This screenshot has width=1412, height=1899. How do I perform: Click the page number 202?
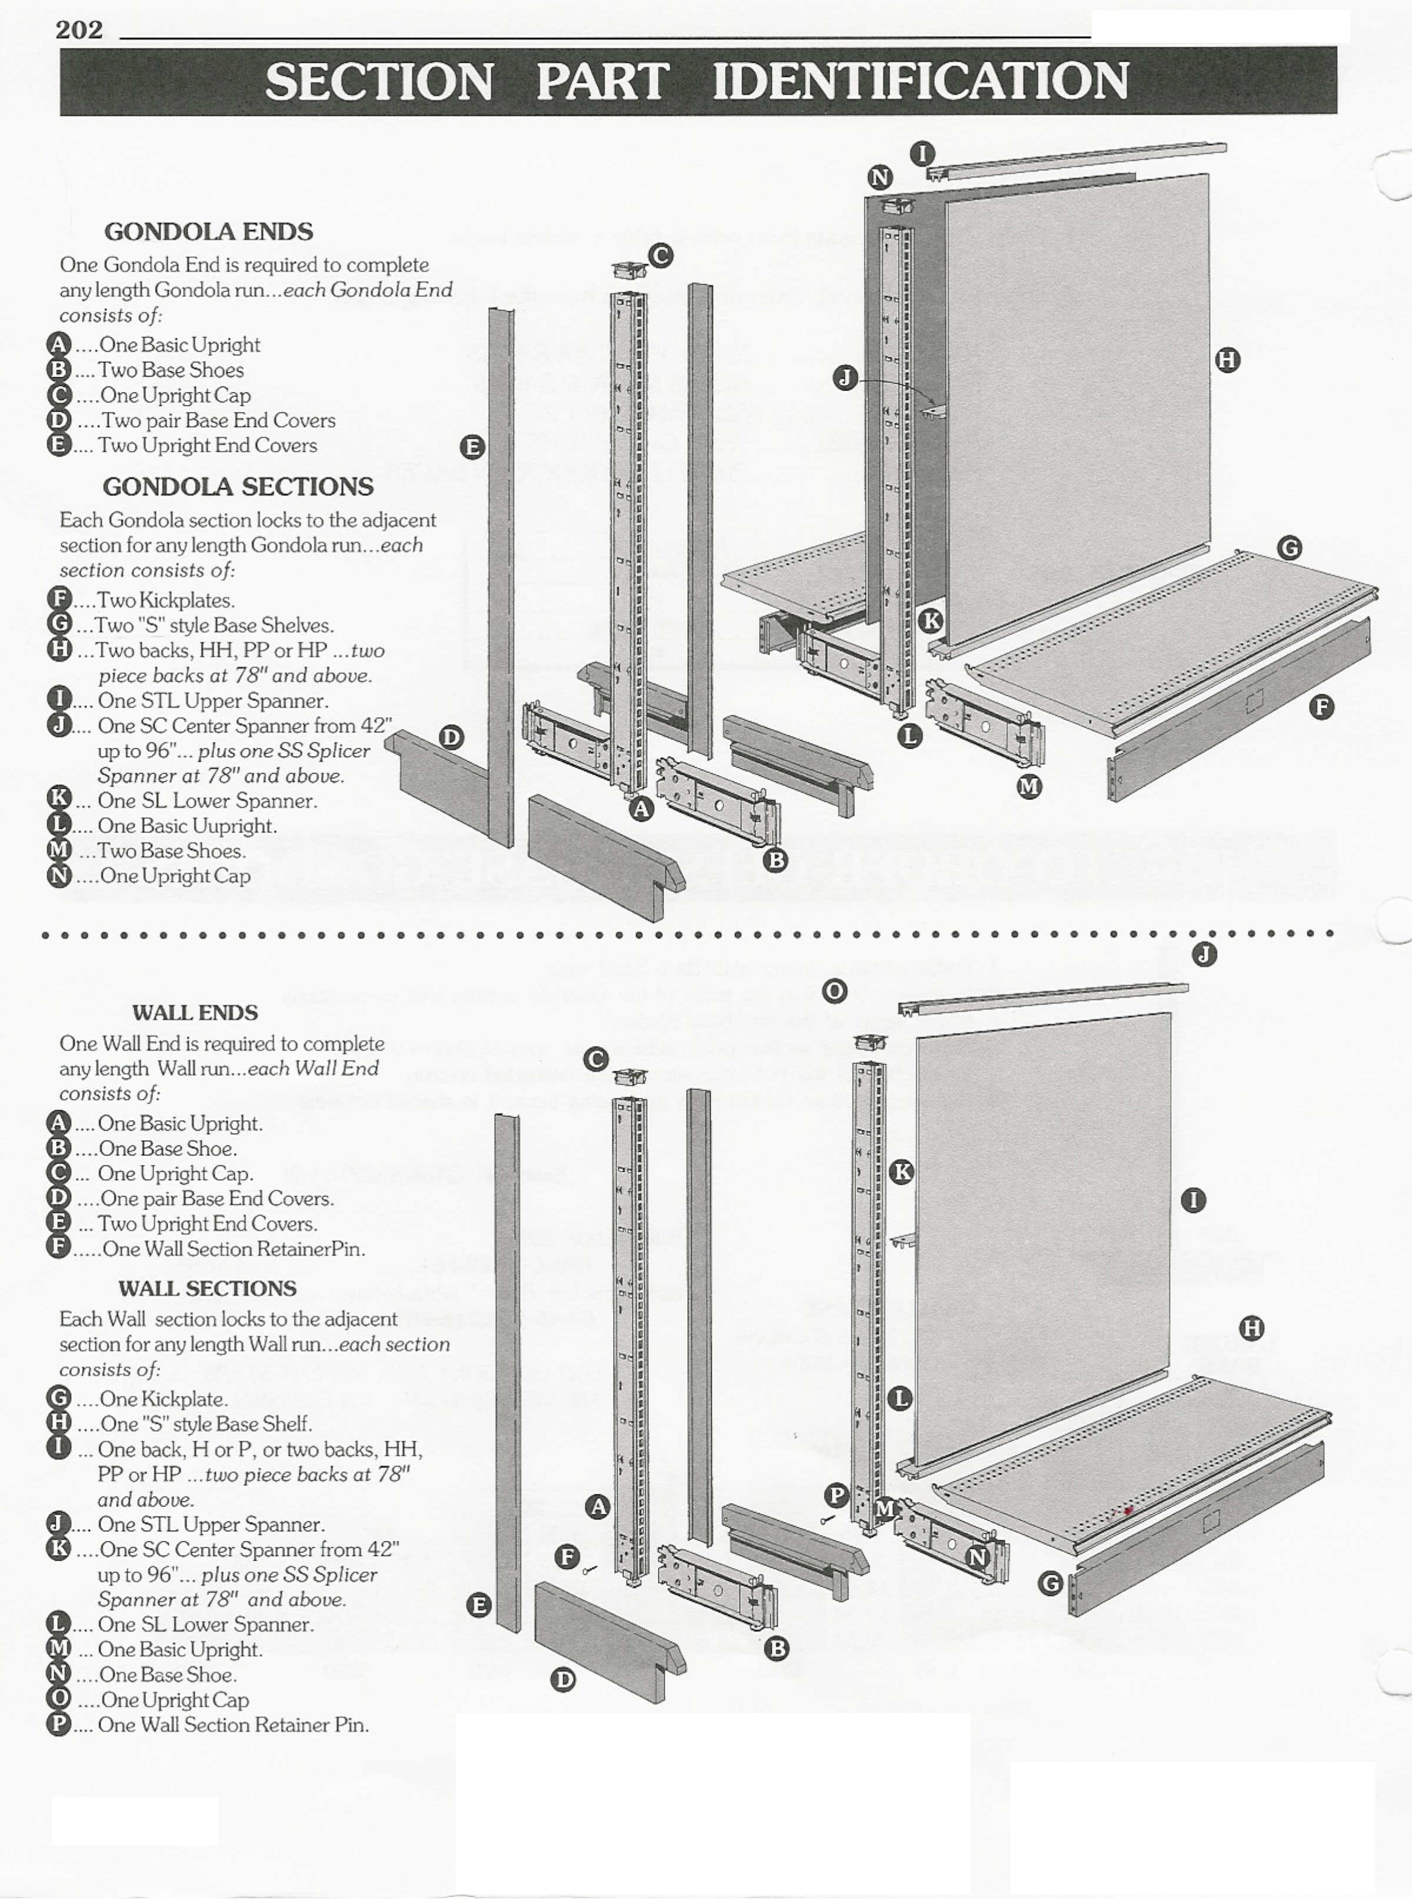79,30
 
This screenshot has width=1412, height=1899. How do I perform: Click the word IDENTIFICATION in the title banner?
921,81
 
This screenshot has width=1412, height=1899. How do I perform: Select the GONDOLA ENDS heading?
208,232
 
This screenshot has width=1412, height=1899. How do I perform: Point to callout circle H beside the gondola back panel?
1227,361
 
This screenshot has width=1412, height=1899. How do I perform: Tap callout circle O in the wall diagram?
835,991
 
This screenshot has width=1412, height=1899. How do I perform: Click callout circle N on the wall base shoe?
978,1557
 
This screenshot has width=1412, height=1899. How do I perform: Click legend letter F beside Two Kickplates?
59,600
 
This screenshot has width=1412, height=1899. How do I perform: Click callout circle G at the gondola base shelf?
1290,548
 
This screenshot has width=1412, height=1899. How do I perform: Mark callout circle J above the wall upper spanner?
1204,955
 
